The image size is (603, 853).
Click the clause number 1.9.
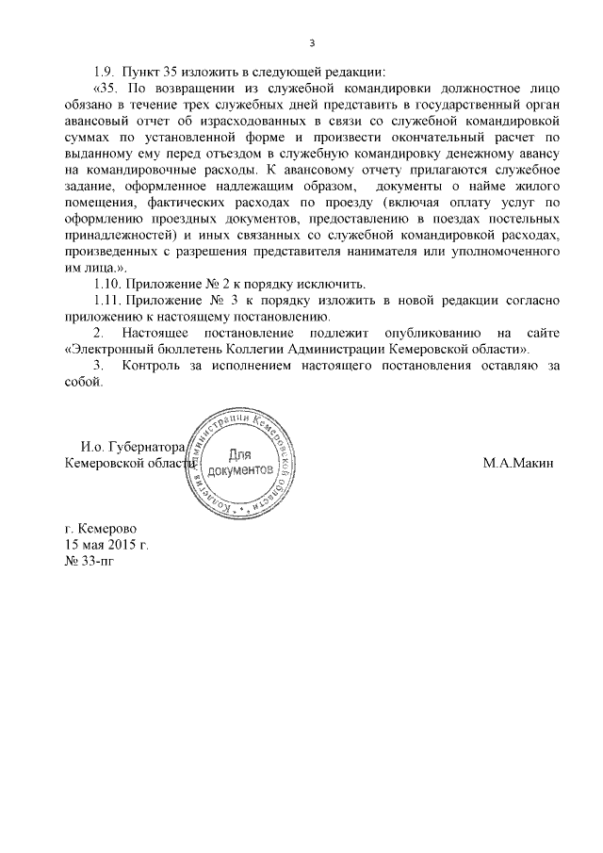[x=104, y=72]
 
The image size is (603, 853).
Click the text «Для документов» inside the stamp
[x=240, y=461]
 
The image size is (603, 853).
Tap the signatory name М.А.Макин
[x=518, y=464]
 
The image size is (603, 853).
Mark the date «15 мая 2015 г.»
[x=106, y=546]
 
